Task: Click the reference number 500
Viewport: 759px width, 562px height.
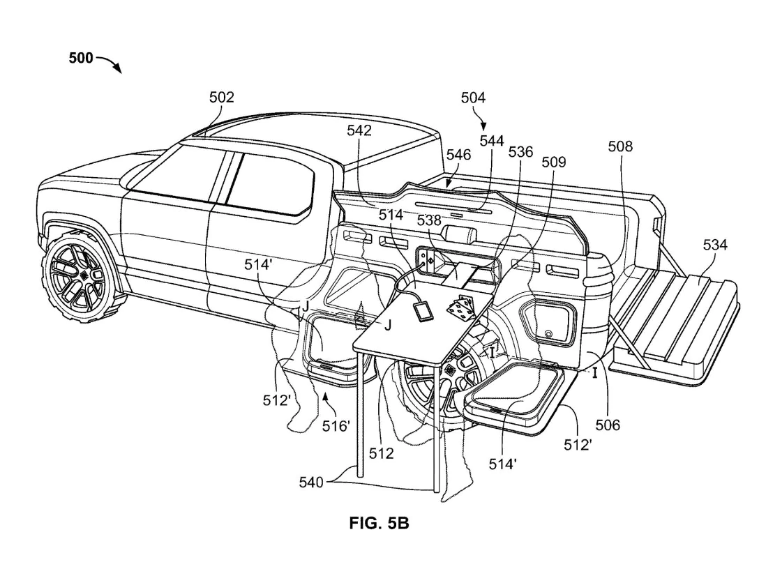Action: [80, 59]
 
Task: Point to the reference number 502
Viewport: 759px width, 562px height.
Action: [222, 98]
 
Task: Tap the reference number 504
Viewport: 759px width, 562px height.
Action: [473, 98]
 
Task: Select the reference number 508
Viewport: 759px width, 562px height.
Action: [620, 146]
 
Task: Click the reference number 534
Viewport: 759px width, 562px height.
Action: [715, 245]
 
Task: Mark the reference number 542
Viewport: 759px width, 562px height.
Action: [359, 130]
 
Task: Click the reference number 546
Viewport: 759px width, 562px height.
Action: [459, 154]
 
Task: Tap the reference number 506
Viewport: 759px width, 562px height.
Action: [608, 425]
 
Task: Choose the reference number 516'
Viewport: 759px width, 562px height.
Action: [336, 426]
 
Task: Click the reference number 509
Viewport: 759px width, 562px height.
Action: [554, 162]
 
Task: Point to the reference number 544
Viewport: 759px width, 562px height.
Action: [491, 141]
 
